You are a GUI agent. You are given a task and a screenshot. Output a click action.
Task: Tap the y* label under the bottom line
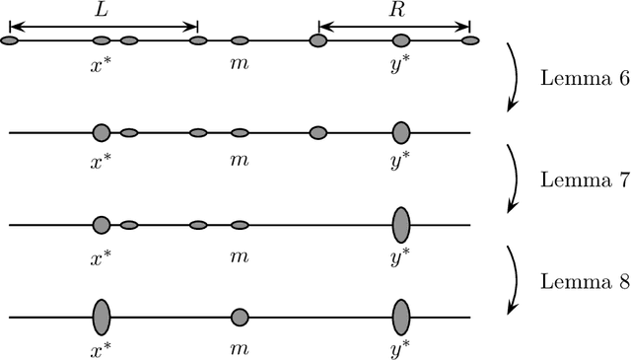coord(401,347)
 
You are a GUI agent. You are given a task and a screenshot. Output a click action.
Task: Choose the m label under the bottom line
coord(239,347)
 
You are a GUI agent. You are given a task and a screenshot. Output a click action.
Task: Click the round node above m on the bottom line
coord(240,318)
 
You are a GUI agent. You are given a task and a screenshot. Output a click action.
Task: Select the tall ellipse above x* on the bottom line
coord(101,318)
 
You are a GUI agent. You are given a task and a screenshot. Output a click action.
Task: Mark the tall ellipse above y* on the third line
coord(401,225)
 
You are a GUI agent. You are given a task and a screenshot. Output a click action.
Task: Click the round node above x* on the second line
coord(101,132)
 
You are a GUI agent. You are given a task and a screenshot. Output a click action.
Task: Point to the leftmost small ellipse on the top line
coord(9,40)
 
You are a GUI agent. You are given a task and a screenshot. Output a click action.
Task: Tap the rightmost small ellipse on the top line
coord(470,40)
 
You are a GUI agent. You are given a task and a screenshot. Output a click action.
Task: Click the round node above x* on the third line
coord(101,225)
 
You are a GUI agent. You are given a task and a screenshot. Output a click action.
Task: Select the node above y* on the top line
coord(401,40)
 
